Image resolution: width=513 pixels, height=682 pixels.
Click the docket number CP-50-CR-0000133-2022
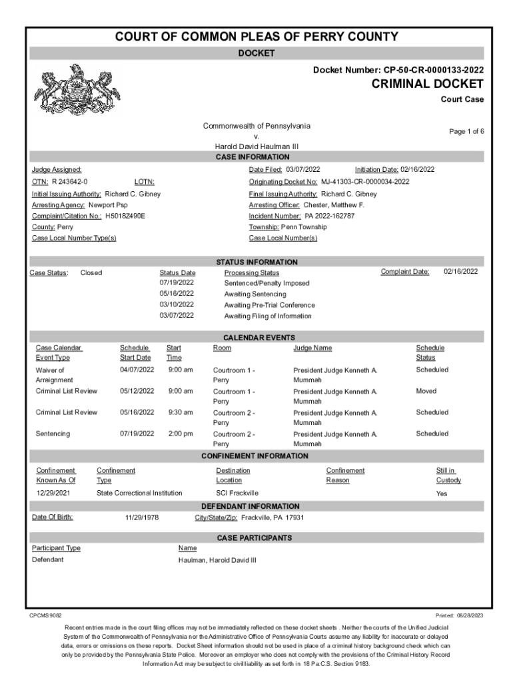tap(430, 69)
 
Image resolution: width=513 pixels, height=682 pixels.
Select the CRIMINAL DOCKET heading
tap(428, 84)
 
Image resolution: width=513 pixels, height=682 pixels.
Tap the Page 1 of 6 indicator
tap(466, 132)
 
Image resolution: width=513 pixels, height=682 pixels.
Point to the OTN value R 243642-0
tap(70, 182)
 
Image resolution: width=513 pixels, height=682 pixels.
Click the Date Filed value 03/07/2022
tap(303, 170)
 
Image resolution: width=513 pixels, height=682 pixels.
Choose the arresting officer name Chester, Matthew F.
tap(334, 205)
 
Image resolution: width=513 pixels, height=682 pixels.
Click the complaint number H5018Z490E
tap(125, 216)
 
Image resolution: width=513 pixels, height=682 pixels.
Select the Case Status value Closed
tap(91, 272)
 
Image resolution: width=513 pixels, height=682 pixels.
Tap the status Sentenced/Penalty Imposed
tap(266, 283)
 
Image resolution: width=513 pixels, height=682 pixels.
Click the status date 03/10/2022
tap(177, 305)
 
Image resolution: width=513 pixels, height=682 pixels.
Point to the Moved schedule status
tap(426, 391)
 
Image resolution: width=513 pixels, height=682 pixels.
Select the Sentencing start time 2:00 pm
tap(180, 434)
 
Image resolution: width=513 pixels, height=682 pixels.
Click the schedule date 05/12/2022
tap(137, 391)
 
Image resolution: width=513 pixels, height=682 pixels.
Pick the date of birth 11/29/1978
tap(142, 517)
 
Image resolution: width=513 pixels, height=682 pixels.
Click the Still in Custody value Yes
tap(442, 494)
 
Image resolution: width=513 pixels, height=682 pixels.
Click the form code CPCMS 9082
tap(46, 615)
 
